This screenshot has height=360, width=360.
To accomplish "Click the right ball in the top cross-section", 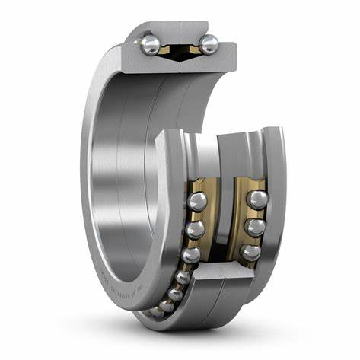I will (x=209, y=43).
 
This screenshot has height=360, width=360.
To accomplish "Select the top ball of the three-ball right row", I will (x=256, y=200).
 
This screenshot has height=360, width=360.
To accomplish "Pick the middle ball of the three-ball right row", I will (x=254, y=226).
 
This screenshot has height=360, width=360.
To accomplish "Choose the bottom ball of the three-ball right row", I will (x=249, y=252).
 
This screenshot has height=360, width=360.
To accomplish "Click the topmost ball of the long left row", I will (x=198, y=202).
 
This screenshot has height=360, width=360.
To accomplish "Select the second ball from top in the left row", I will (x=196, y=229).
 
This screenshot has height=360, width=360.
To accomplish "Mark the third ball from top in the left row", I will (x=190, y=254).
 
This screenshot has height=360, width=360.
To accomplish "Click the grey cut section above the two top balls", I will (x=180, y=30).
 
